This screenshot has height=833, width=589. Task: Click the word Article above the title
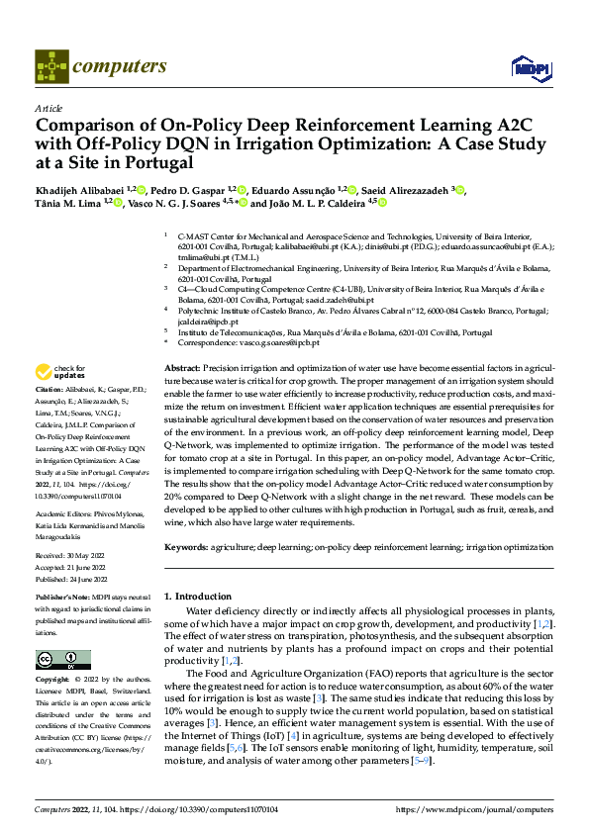(x=49, y=108)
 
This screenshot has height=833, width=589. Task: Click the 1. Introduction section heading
(x=197, y=597)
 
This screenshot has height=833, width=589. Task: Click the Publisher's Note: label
(x=64, y=598)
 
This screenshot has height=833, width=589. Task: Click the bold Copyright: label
(x=55, y=681)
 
